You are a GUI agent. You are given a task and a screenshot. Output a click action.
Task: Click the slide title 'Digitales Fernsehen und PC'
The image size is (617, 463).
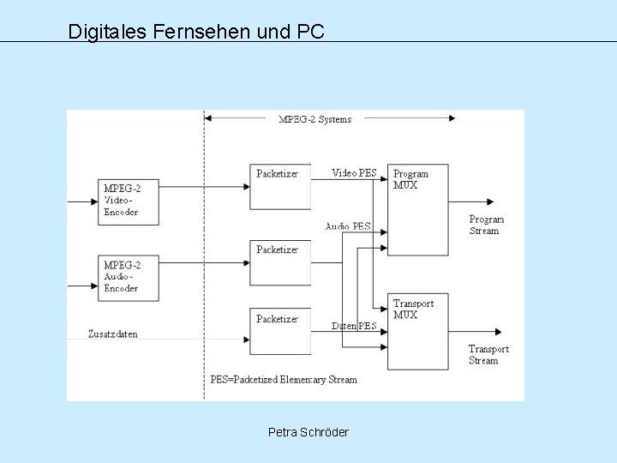pos(196,33)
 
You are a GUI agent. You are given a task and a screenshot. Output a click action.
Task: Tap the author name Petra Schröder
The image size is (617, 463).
pos(308,432)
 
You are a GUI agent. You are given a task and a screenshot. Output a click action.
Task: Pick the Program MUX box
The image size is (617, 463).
pos(417,207)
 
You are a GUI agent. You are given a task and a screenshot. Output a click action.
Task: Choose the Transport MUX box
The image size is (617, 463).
pos(417,330)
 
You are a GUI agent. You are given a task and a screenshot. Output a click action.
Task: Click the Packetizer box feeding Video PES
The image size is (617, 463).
pos(279,185)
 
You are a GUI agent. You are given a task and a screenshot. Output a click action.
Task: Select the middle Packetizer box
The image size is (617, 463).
pos(279,262)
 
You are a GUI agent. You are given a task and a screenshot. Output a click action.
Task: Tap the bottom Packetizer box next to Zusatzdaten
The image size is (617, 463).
pos(279,330)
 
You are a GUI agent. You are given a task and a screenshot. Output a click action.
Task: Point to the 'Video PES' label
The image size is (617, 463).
pos(354,172)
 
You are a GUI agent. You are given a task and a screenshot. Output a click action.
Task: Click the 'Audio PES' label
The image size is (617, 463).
pos(348,226)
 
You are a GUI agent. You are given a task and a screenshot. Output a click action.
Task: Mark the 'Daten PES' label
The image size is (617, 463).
pos(354,326)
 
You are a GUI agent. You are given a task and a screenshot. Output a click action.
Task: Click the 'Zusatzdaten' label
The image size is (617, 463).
pos(113,333)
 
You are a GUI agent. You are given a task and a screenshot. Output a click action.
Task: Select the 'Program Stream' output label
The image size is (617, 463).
pos(487,225)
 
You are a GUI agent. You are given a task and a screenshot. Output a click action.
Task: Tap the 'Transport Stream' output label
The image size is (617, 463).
pos(488,354)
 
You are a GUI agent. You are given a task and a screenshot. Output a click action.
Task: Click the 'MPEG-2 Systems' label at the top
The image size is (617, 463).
pos(314,119)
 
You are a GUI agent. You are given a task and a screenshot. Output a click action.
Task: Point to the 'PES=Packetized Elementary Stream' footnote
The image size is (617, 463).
pos(284,379)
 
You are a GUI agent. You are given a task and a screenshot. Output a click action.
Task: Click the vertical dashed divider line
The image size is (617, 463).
pos(204,257)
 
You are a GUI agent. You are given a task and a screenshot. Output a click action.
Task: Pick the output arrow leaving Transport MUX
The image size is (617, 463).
pos(476,330)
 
